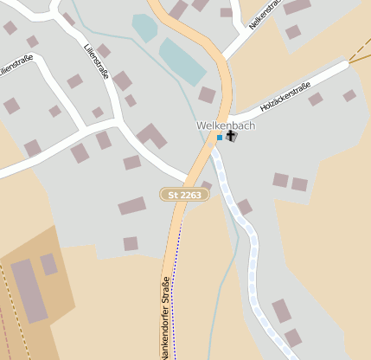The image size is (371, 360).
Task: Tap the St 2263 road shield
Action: (185, 196)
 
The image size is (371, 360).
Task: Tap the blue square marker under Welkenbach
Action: (220, 138)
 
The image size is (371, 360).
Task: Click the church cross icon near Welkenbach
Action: (231, 137)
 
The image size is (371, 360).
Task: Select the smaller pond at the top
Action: (144, 27)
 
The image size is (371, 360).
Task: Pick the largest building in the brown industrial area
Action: (28, 291)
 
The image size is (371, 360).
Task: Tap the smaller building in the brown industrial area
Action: (49, 264)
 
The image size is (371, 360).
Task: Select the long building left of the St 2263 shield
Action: (132, 206)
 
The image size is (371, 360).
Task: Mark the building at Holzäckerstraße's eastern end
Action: (349, 95)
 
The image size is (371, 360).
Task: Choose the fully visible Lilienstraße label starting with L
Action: (96, 61)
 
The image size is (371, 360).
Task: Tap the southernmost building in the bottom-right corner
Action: (293, 337)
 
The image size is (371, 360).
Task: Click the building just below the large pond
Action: (207, 94)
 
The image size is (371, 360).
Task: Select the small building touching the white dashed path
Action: (244, 207)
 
